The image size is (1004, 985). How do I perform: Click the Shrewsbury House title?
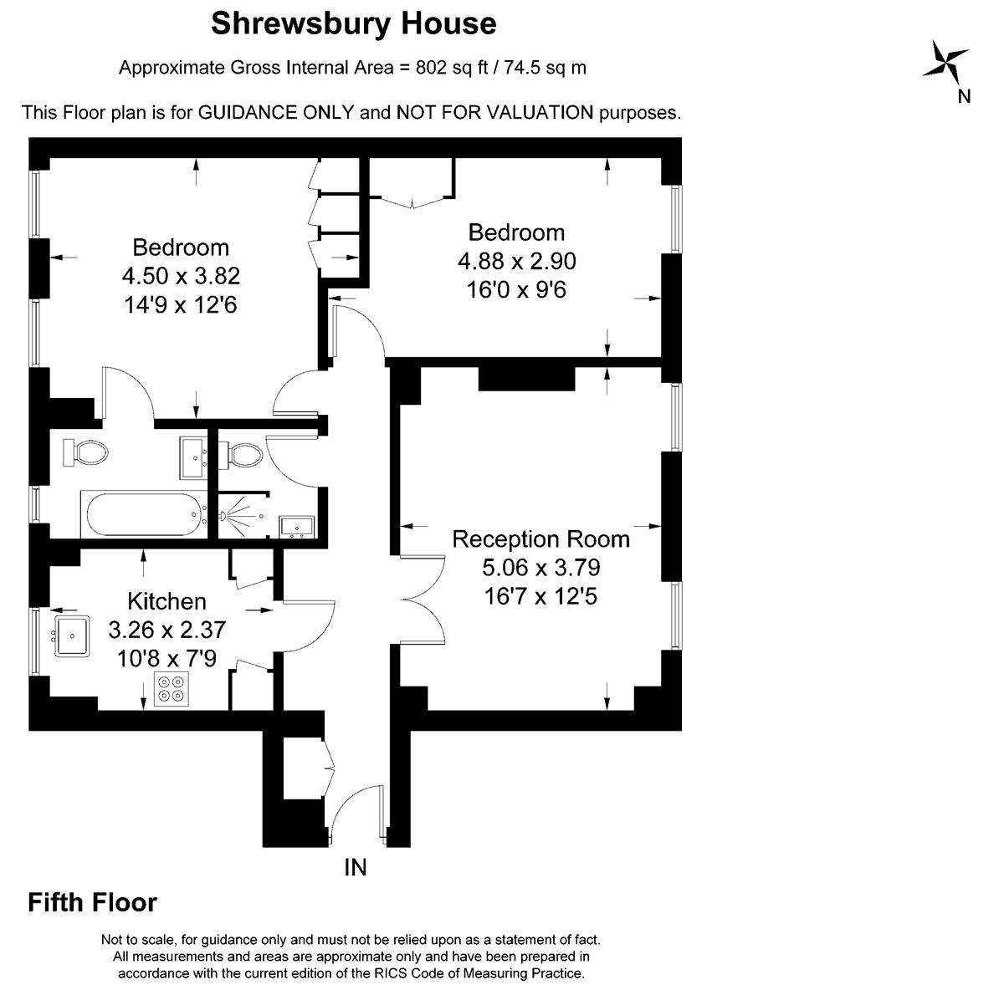[x=353, y=24]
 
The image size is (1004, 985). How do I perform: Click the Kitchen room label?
[x=166, y=601]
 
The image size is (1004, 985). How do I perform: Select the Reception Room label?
[x=540, y=539]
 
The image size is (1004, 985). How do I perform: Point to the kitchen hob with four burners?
[x=172, y=689]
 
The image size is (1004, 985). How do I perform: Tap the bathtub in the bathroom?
[x=144, y=514]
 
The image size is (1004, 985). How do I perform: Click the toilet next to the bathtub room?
[x=85, y=452]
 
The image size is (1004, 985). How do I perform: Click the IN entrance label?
[x=356, y=867]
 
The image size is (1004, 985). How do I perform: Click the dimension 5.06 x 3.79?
[x=540, y=567]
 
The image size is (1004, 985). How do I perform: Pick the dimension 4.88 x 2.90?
[x=517, y=261]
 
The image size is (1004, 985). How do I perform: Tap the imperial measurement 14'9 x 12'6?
[x=180, y=304]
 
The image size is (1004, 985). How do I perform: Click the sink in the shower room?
[x=297, y=526]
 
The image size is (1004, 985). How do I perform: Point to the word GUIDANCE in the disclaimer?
[x=276, y=113]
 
